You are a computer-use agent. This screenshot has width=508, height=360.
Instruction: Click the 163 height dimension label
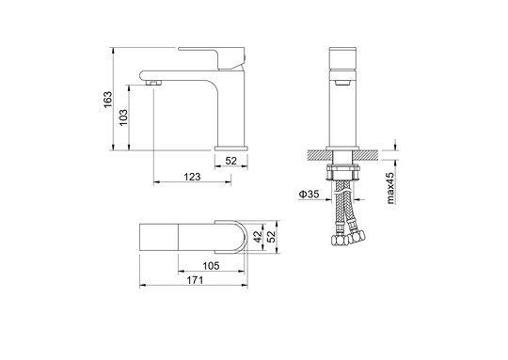(x=108, y=100)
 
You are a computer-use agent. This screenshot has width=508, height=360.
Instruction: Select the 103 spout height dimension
(x=123, y=117)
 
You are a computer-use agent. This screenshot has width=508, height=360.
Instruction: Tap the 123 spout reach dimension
(x=193, y=177)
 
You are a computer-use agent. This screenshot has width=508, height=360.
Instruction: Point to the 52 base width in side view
(x=231, y=161)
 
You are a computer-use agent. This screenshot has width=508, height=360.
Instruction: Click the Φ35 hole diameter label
(x=309, y=195)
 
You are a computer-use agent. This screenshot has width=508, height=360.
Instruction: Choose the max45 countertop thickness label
(x=390, y=188)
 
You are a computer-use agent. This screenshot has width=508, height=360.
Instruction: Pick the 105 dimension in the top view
(x=211, y=266)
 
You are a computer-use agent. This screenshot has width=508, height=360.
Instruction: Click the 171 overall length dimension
(x=195, y=280)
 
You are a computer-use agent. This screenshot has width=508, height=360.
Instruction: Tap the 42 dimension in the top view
(x=258, y=236)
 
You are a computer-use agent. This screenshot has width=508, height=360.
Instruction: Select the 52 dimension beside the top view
(x=272, y=236)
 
